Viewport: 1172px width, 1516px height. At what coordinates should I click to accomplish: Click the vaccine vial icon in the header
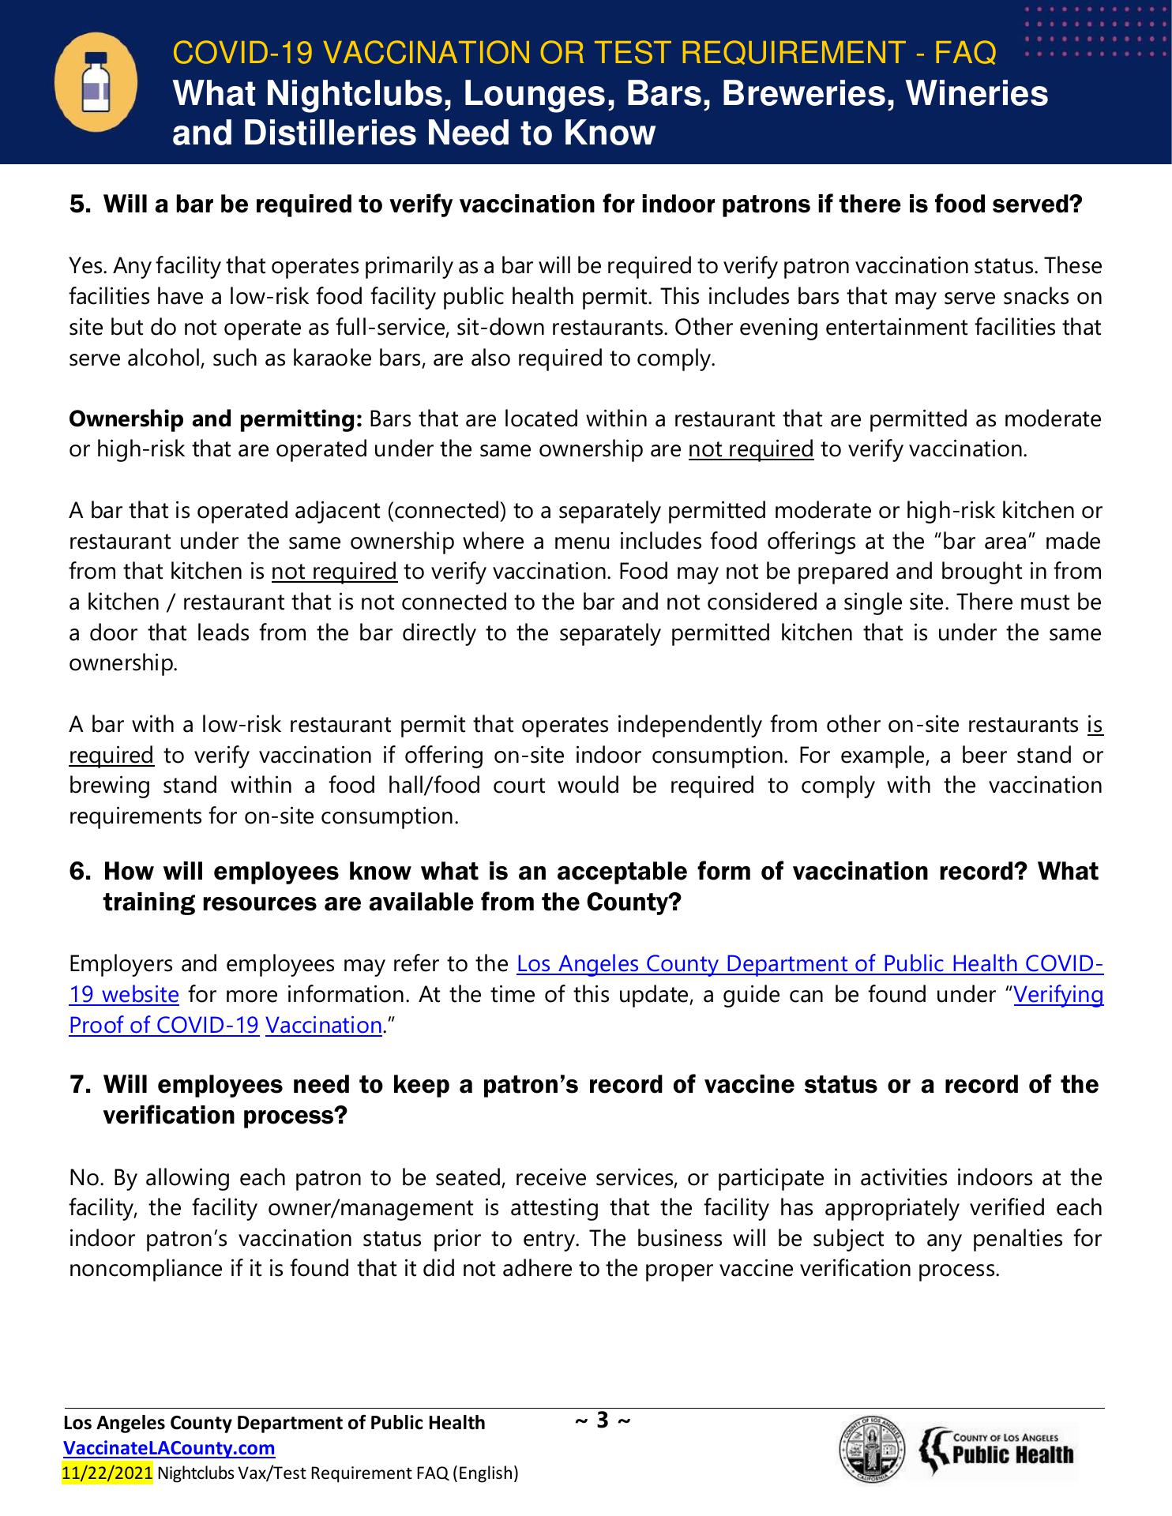[x=96, y=82]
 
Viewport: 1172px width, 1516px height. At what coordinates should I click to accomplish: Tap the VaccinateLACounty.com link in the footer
[x=169, y=1448]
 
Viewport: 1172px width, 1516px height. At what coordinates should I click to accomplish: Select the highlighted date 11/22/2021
[x=107, y=1473]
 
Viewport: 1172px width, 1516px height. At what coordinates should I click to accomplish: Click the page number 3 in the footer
[x=603, y=1421]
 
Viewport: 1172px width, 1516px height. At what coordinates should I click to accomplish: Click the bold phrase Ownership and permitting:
[x=216, y=418]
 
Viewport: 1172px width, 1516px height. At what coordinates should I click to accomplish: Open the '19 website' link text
[x=124, y=994]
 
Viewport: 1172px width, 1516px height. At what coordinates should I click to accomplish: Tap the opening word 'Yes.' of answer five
[x=88, y=266]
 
